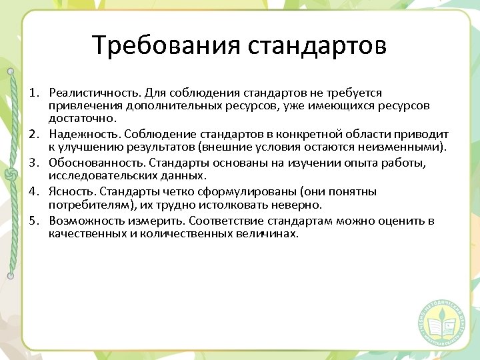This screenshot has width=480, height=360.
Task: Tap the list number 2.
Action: (x=32, y=135)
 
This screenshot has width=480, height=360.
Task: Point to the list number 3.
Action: (x=32, y=163)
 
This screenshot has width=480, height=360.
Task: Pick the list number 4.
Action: (x=32, y=192)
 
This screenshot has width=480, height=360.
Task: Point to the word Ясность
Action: (x=73, y=192)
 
